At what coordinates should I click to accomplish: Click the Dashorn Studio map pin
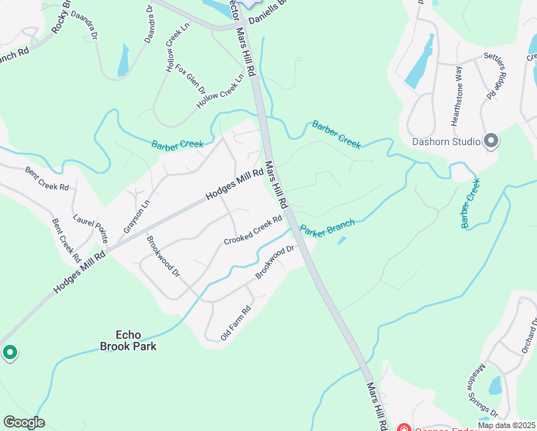[x=491, y=141]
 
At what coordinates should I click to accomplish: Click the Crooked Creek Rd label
[x=253, y=231]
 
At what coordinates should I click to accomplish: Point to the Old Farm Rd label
[x=235, y=323]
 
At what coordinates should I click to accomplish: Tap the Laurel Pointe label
[x=90, y=227]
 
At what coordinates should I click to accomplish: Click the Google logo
[x=24, y=422]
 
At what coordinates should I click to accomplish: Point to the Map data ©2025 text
[x=506, y=425]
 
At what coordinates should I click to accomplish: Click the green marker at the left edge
[x=9, y=353]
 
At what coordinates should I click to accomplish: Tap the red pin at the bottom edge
[x=403, y=429]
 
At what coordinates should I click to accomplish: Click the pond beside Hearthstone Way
[x=420, y=62]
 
